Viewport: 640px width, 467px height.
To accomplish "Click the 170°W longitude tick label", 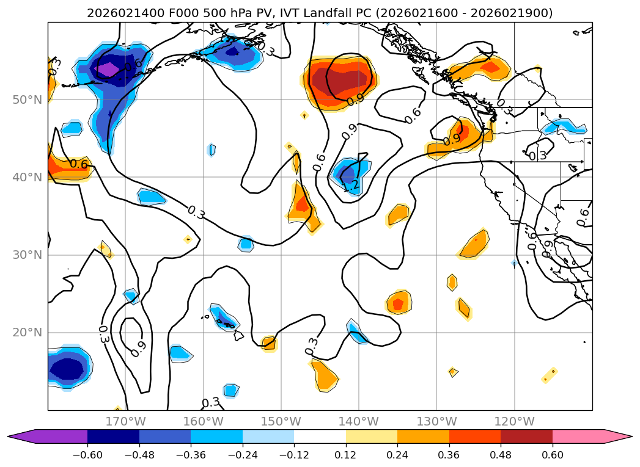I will (x=125, y=421).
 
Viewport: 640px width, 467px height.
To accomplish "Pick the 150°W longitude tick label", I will (x=281, y=421).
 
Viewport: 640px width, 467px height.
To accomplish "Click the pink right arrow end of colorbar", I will (x=622, y=436).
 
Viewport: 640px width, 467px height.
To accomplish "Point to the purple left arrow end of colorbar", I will (x=18, y=436).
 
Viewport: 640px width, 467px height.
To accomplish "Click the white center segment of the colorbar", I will (x=320, y=436).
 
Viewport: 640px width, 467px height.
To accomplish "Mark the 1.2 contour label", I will (x=350, y=187).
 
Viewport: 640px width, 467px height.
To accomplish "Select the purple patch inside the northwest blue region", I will (x=109, y=69).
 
